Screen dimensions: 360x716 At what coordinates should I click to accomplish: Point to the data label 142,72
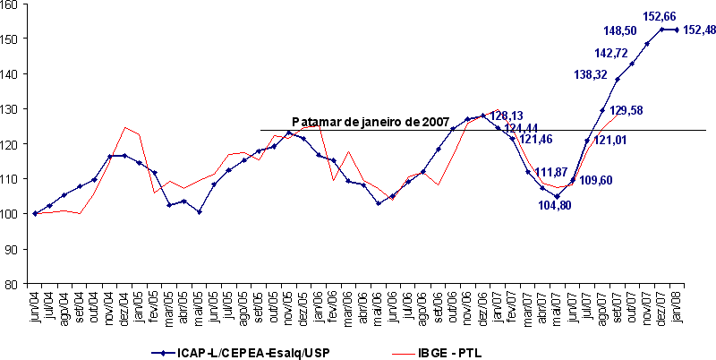pos(611,53)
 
